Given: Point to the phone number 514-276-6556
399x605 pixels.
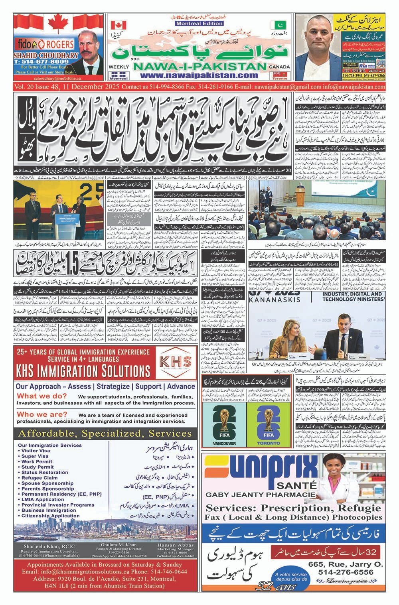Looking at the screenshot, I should (x=346, y=572).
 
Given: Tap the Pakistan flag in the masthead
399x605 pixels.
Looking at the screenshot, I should (x=279, y=25).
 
